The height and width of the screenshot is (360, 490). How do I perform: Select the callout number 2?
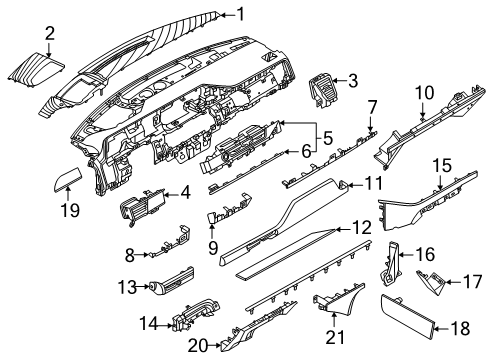point(49,37)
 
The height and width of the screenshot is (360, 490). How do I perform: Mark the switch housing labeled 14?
point(180,322)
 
